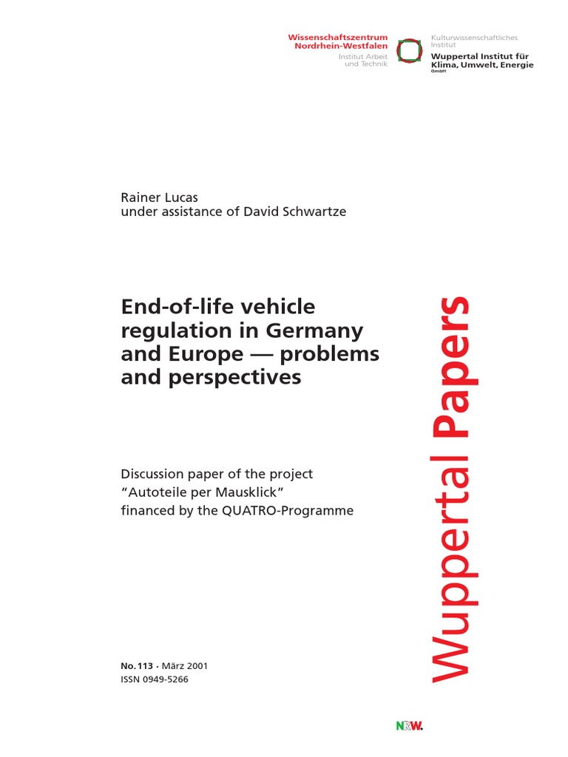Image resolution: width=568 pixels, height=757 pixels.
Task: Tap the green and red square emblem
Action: click(407, 50)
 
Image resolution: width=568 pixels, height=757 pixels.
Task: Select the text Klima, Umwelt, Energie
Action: click(481, 65)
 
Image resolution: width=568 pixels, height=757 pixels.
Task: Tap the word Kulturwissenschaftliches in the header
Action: click(474, 37)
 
